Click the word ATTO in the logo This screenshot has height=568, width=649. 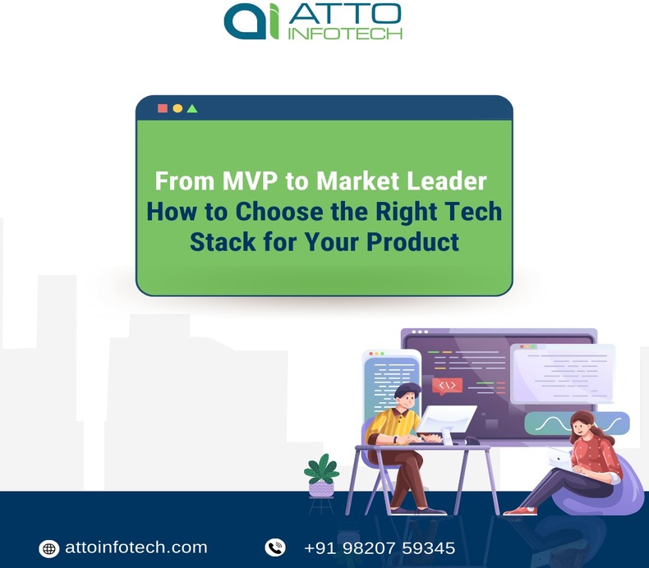tap(345, 14)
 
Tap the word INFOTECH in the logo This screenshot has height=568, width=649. tap(345, 34)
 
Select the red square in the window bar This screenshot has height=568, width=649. tap(163, 108)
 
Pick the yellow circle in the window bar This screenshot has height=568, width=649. tap(177, 108)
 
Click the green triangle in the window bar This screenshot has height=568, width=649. tap(192, 108)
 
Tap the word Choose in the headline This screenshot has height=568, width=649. tap(268, 212)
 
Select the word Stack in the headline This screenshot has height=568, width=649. tap(218, 242)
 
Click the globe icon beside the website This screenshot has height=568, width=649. tap(49, 548)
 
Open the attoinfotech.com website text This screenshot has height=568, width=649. tap(136, 547)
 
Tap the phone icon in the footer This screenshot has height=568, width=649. tap(274, 547)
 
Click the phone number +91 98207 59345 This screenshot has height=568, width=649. tap(379, 547)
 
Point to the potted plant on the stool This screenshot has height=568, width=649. tap(321, 475)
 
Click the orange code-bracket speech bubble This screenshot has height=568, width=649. tap(447, 386)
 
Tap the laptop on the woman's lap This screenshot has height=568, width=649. tap(562, 457)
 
